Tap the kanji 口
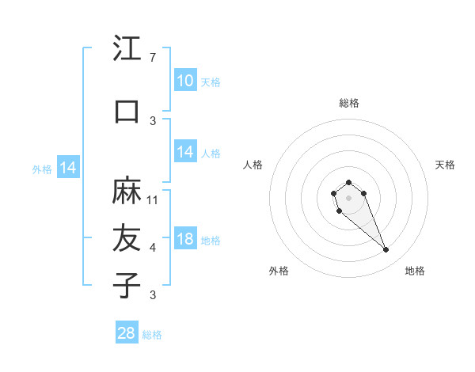point(127,111)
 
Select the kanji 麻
point(127,191)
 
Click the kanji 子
point(127,285)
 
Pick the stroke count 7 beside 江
point(153,58)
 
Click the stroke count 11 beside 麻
point(154,199)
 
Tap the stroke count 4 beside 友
point(153,248)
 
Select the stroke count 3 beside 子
point(153,295)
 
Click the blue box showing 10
point(184,81)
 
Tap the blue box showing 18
point(184,240)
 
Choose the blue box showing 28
point(126,333)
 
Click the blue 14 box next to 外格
point(67,168)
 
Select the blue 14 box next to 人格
point(184,152)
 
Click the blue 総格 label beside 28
point(152,335)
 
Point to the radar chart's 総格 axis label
point(348,103)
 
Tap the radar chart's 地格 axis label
point(415,271)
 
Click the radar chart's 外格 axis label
point(279,271)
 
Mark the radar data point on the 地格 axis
point(386,250)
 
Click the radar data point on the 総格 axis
point(348,182)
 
